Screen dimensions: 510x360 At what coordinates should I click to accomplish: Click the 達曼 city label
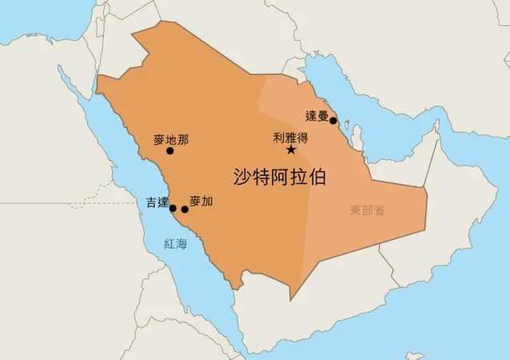point(317,116)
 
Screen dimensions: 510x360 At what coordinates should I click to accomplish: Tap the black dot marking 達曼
point(333,121)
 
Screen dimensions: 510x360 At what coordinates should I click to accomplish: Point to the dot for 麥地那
point(169,150)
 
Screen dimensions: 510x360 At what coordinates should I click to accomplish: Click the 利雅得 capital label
point(291,138)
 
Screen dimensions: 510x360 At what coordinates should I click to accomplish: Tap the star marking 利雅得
point(291,150)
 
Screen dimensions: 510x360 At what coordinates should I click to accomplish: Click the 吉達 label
point(157,202)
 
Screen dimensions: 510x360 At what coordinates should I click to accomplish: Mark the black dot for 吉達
point(173,208)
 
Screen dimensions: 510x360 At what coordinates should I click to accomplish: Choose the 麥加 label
point(201,202)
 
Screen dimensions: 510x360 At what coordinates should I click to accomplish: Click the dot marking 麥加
point(185,210)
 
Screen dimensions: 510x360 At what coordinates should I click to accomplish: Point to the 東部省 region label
point(367,210)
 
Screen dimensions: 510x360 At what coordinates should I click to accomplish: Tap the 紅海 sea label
point(174,244)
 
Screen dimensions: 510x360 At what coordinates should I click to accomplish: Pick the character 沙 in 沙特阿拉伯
point(242,177)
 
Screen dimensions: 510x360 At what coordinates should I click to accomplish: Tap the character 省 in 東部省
point(379,210)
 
